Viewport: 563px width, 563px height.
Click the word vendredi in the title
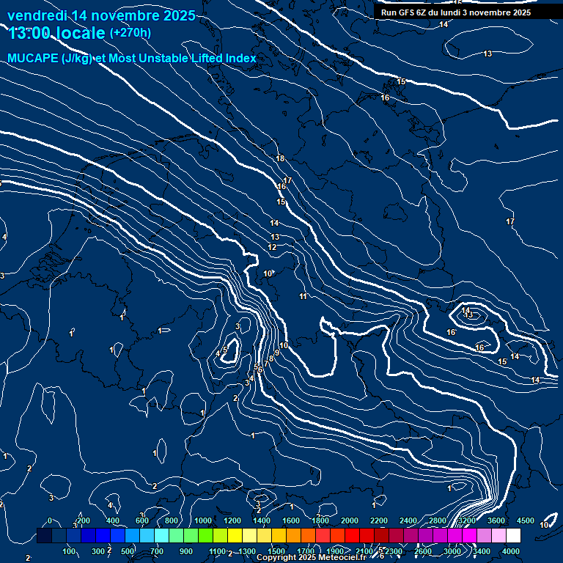(x=37, y=15)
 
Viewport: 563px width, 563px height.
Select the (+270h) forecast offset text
(x=130, y=32)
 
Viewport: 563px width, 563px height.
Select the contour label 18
(x=279, y=158)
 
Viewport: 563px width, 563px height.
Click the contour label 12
(x=272, y=247)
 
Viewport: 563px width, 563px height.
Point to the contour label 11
(x=303, y=296)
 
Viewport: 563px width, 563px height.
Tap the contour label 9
(x=276, y=353)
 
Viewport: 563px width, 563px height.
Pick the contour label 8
(x=270, y=358)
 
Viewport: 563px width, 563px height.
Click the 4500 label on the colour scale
(x=526, y=520)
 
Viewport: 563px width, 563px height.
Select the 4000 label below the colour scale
(x=511, y=551)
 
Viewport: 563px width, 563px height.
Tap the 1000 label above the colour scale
(x=203, y=520)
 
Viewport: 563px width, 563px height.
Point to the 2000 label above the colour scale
(x=350, y=520)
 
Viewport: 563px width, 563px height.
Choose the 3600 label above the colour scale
(x=496, y=520)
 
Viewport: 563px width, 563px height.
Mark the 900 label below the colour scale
(x=186, y=551)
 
